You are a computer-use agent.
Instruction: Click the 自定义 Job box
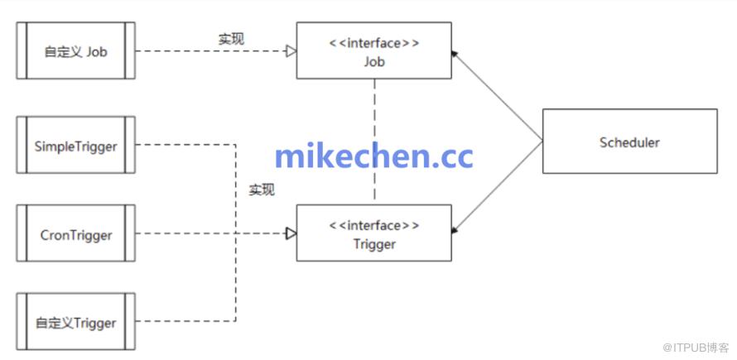point(75,51)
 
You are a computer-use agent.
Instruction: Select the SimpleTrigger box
point(75,146)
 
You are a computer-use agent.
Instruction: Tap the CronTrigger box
point(75,234)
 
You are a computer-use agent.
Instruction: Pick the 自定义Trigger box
point(75,322)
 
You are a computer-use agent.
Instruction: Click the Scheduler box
point(629,142)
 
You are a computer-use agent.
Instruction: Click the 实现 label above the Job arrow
point(231,38)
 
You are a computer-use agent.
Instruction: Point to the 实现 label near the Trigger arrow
point(262,190)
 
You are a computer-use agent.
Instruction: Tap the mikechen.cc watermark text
point(373,156)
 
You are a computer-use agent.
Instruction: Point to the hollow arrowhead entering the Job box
point(291,51)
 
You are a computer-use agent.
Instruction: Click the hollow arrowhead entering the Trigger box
point(291,233)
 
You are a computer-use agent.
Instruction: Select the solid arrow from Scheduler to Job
point(497,96)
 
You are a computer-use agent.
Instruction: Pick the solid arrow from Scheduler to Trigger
point(497,187)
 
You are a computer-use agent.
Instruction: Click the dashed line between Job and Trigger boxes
point(374,116)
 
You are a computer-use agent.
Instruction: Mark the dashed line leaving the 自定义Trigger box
point(186,321)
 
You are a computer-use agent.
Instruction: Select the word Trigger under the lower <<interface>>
point(374,244)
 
